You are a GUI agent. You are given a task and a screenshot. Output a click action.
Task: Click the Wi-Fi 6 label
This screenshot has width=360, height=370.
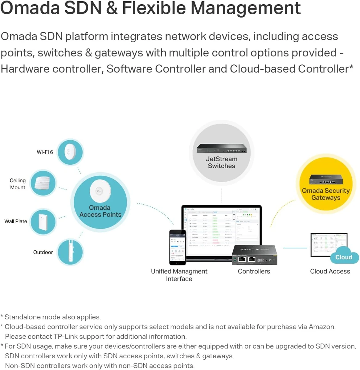tap(45, 152)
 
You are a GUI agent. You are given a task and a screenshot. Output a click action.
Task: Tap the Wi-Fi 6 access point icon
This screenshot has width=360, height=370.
tap(70, 152)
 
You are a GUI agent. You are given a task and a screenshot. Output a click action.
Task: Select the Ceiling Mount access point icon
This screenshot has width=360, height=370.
tap(43, 183)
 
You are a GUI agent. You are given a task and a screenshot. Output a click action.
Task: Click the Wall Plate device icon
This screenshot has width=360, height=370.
tap(43, 222)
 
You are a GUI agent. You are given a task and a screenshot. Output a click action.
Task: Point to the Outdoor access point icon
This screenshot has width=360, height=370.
tap(70, 252)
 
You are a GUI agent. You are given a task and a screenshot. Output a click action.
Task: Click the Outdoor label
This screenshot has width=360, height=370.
tap(43, 252)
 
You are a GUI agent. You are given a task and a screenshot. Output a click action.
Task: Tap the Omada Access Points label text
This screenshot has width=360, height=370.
tap(100, 211)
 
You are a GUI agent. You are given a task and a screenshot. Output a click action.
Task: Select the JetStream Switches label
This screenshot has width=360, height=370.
tap(222, 162)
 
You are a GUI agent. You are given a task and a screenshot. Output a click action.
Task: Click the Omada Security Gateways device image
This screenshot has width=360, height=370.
tap(326, 179)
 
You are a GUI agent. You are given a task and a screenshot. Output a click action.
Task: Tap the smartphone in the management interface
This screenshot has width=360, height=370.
tap(178, 247)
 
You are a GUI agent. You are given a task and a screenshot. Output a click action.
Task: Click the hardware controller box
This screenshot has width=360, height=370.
tap(255, 255)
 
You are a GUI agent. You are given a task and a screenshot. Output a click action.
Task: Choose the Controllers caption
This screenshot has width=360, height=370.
tap(254, 271)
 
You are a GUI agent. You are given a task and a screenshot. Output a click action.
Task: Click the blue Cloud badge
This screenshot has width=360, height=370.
tap(344, 257)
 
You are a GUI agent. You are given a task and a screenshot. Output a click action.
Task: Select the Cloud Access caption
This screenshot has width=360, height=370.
tap(330, 271)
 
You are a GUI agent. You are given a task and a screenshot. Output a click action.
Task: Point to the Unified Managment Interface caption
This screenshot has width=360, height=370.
tap(179, 275)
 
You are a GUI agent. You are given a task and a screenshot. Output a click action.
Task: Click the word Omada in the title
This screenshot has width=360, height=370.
tap(30, 8)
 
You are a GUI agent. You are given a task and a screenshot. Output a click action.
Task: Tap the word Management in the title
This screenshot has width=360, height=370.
tap(245, 8)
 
